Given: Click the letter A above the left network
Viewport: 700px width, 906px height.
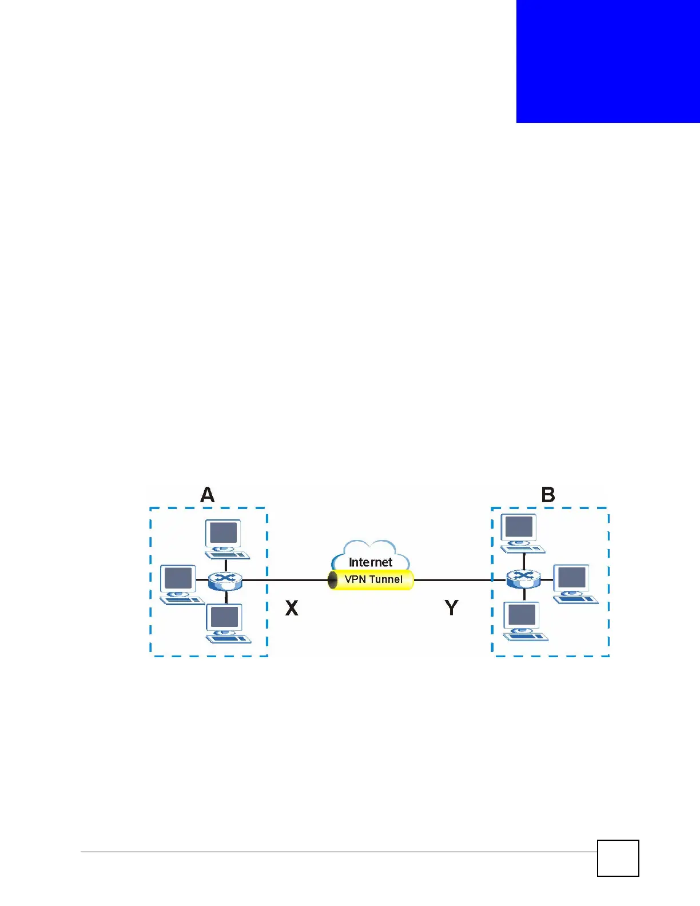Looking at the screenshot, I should coord(208,495).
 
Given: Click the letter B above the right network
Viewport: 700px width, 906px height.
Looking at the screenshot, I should coord(548,495).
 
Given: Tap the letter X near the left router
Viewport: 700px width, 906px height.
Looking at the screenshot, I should coord(292,607).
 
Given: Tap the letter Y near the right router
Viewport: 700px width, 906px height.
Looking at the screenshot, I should coord(451,607).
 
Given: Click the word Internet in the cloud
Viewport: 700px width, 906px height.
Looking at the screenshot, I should coord(371,562).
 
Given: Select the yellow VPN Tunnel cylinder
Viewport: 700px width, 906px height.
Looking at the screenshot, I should coord(371,579).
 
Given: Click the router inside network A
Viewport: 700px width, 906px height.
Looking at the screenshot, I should coord(225,581).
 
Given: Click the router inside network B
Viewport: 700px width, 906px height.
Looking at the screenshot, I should coord(523,579).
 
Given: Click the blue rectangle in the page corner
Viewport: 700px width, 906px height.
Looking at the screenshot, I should coord(608,61).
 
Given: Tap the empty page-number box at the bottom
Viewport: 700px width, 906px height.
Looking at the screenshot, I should coord(618,858).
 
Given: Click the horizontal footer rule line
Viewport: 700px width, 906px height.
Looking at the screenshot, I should coord(337,852).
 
